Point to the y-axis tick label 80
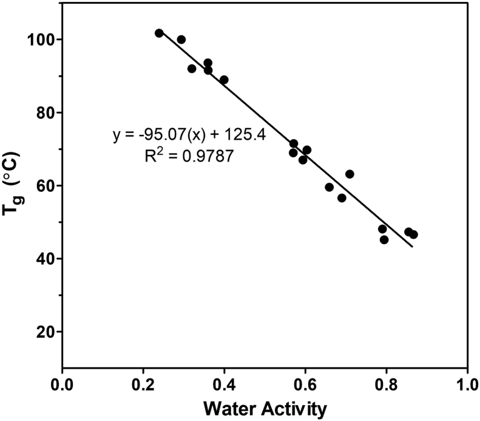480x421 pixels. [45, 112]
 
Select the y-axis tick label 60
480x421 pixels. [45, 185]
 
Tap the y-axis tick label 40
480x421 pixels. [45, 259]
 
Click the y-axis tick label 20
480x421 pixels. [45, 332]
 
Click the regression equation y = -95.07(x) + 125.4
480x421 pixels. [189, 134]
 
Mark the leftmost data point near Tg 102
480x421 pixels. [159, 33]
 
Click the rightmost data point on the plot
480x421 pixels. [413, 234]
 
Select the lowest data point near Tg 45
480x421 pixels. [384, 239]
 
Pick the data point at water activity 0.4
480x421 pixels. [224, 80]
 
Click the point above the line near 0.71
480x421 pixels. [350, 174]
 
